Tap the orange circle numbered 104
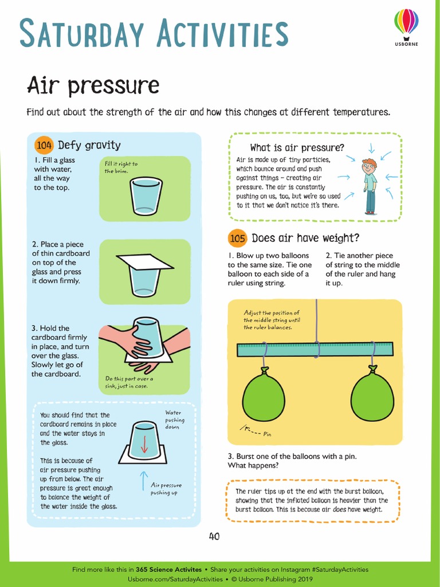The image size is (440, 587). coord(44,145)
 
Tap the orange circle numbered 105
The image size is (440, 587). coord(237,238)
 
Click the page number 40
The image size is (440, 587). coord(214,537)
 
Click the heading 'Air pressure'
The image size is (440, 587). coord(93,85)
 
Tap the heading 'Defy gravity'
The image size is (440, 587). coord(89,145)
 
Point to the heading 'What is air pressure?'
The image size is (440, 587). coord(297,148)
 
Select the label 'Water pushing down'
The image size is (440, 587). coord(173,420)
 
